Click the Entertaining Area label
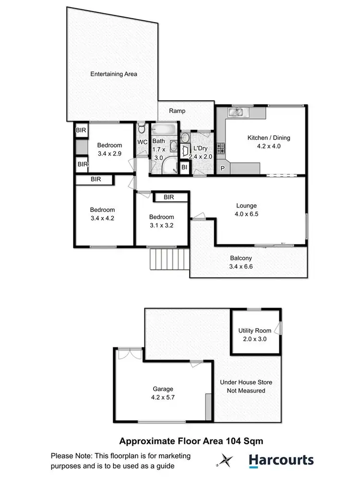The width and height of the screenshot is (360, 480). (x=114, y=74)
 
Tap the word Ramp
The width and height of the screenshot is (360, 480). (x=177, y=111)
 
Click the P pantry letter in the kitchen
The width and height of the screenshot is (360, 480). (x=223, y=169)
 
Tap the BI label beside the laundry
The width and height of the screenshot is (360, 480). (x=184, y=167)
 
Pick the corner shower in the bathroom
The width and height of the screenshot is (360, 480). (x=168, y=166)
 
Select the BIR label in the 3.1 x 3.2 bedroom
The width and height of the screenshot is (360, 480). (x=168, y=197)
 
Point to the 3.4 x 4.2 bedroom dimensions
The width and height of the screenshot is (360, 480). (x=103, y=218)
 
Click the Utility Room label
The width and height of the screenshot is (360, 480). (x=255, y=331)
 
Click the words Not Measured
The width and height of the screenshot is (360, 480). (x=246, y=391)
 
